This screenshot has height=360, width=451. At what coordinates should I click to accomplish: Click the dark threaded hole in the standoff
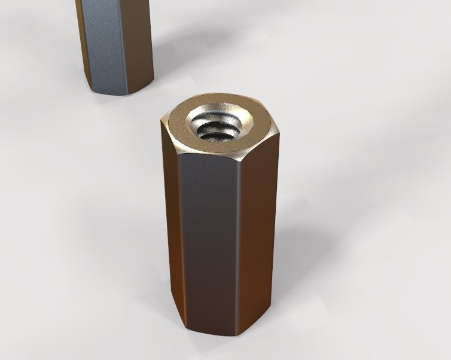point(217,130)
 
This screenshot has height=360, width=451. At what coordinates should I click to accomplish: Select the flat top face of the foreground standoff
point(179,129)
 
